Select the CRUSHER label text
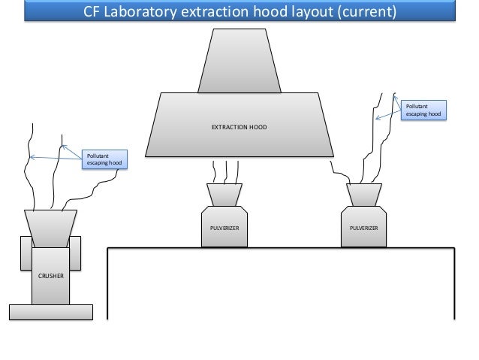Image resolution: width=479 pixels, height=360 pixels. (51, 276)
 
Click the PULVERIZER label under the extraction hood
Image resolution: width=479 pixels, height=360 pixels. (224, 225)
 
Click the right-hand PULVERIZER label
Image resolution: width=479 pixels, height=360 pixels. (364, 225)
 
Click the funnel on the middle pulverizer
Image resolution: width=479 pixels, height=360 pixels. (224, 195)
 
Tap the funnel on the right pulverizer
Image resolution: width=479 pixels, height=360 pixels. (364, 195)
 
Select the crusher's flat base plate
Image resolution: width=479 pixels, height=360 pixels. (50, 311)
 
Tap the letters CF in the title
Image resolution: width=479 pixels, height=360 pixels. (91, 12)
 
